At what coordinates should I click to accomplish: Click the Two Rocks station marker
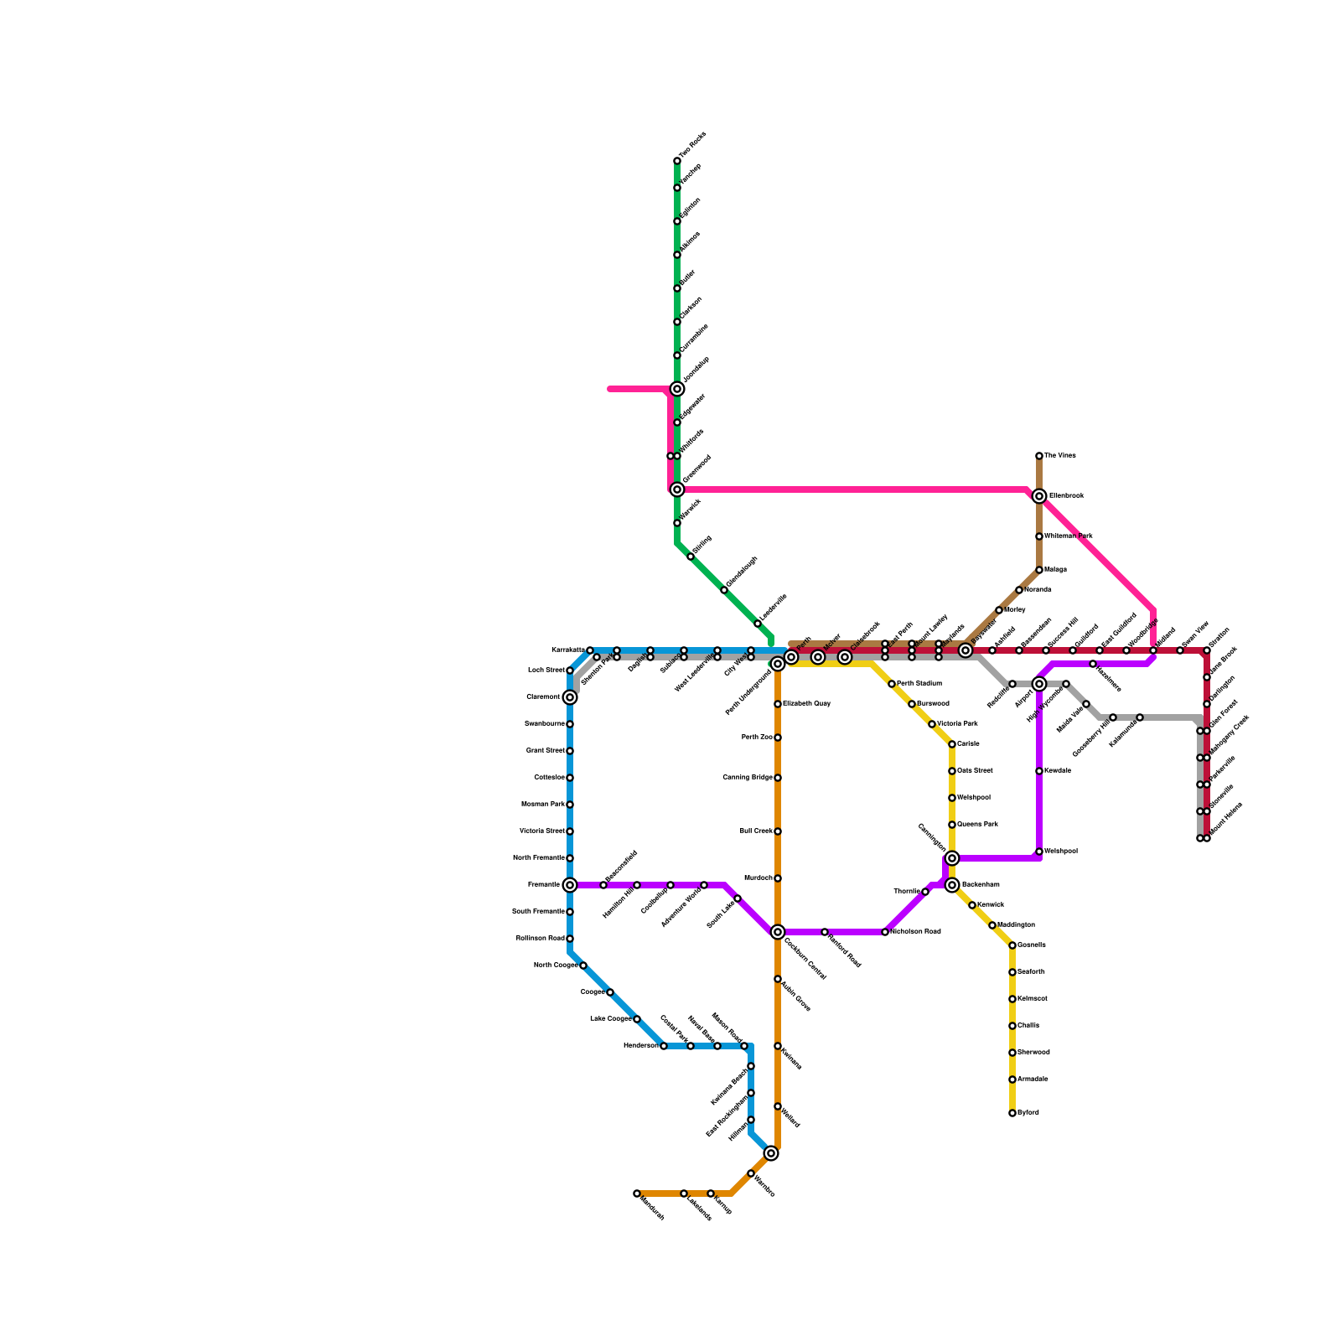click(677, 161)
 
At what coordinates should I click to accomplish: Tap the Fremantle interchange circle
click(570, 885)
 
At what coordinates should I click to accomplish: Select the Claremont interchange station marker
click(570, 697)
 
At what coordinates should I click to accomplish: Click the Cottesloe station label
click(549, 778)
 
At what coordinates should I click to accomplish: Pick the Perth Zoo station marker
click(778, 738)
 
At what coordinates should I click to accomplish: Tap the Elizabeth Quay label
click(807, 704)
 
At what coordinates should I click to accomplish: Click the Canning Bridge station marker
click(778, 778)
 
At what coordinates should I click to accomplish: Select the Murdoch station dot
click(778, 878)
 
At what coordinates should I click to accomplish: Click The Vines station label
click(1060, 456)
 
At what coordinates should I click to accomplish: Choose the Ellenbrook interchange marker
click(1039, 496)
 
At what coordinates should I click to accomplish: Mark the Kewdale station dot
click(1039, 771)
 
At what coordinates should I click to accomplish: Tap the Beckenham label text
click(981, 885)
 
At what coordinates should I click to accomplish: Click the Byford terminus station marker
click(1012, 1113)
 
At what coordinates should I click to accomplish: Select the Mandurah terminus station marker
click(637, 1193)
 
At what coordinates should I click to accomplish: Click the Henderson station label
click(640, 1046)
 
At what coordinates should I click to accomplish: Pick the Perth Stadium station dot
click(892, 684)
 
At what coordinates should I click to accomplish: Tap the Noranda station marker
click(1019, 590)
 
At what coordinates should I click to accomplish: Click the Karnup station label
click(722, 1204)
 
